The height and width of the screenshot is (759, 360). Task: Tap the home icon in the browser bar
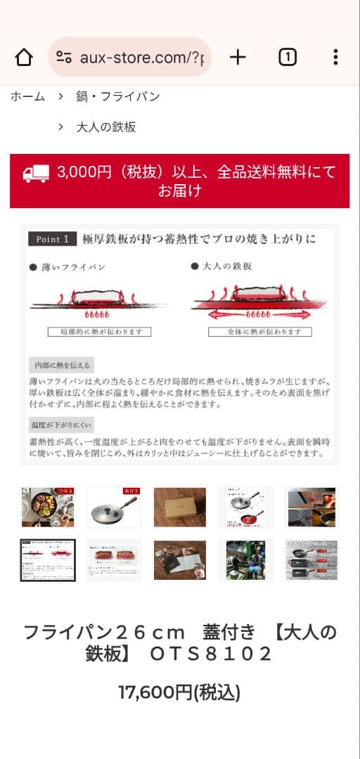24,57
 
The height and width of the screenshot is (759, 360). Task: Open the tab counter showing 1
287,57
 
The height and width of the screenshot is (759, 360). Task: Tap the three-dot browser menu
335,57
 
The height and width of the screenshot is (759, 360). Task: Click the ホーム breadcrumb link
27,96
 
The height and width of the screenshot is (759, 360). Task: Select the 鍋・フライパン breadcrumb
117,96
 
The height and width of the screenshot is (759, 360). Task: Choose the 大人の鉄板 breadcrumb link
106,127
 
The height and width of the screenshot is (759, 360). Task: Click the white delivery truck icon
36,173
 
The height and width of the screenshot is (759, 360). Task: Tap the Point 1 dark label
52,240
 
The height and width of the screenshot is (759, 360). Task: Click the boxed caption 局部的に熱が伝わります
99,332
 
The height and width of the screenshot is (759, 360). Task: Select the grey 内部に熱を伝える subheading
61,365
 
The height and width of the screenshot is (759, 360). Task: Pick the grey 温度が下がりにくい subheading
61,425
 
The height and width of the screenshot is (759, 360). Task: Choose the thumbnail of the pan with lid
114,507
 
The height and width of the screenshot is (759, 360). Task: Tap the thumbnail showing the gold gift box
180,507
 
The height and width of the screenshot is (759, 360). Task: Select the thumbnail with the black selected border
48,560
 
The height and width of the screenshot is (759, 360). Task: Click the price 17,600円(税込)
179,693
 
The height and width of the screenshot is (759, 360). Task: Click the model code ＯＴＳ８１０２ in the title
211,654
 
